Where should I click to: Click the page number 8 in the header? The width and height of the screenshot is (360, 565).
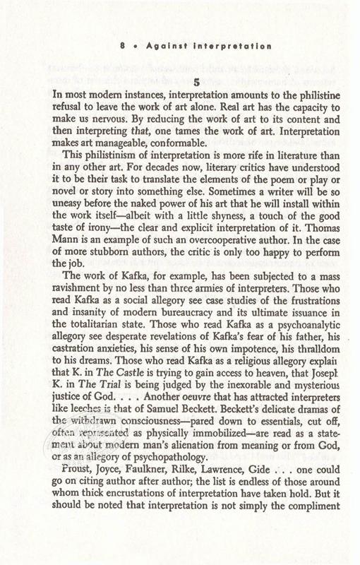(x=123, y=46)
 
